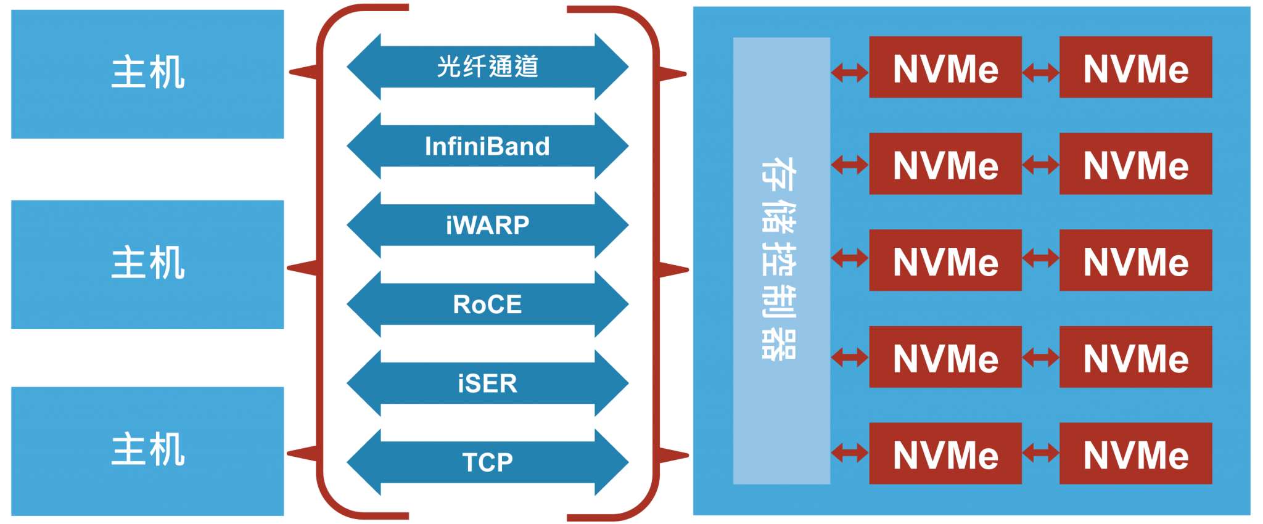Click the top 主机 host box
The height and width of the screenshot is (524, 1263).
click(147, 73)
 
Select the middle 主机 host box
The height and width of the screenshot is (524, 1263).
click(147, 264)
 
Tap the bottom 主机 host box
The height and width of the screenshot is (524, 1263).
click(147, 451)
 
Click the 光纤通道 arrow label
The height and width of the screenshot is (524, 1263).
click(487, 67)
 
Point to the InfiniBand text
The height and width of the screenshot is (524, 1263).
click(487, 146)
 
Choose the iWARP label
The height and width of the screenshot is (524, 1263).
click(487, 225)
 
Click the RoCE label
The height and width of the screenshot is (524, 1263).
click(487, 304)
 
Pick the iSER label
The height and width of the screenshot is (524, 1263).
click(487, 383)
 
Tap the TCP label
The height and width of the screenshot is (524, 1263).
click(487, 462)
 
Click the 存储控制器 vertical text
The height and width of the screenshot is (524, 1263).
click(780, 259)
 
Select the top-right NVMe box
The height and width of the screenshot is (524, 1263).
click(1135, 67)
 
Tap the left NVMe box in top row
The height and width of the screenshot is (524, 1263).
click(945, 67)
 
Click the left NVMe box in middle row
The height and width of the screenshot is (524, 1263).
click(945, 260)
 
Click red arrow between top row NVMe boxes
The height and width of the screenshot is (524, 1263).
click(1040, 73)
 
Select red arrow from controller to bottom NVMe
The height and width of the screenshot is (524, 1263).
click(849, 453)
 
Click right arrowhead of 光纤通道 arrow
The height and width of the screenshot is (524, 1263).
click(613, 67)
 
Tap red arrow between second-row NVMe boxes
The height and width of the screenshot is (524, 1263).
click(1040, 165)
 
